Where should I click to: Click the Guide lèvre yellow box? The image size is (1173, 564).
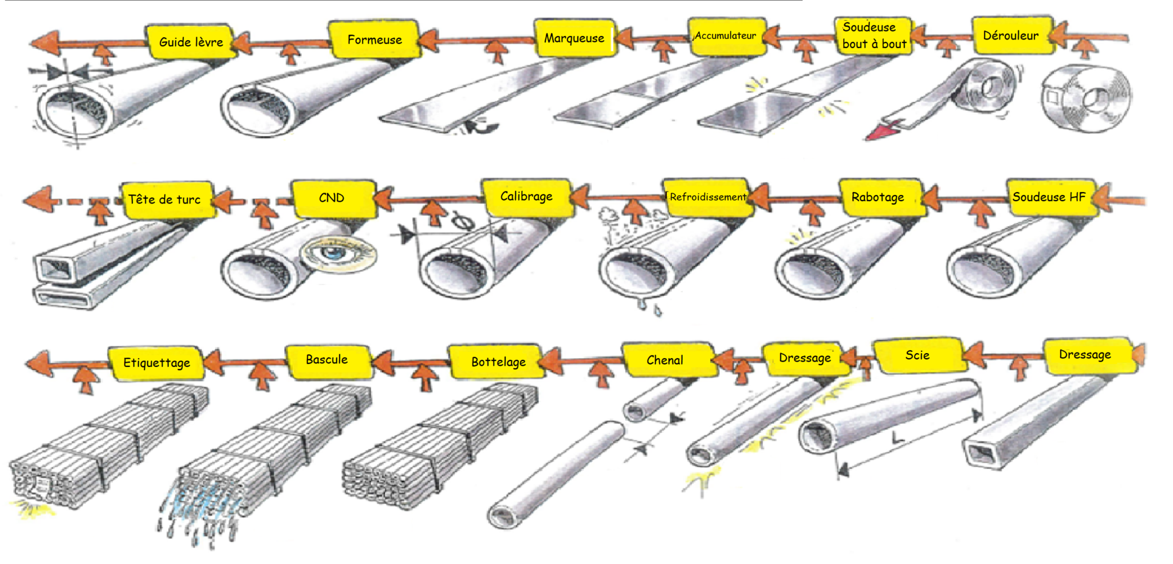191,41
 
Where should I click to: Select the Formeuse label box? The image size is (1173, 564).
375,40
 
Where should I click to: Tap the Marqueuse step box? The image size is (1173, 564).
574,38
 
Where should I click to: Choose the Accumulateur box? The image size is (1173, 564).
726,36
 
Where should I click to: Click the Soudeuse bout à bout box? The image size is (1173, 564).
873,36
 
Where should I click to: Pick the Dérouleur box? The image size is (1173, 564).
1011,36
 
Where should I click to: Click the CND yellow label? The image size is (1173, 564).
332,198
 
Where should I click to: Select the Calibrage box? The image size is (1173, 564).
526,197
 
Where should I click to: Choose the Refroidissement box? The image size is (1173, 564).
708,197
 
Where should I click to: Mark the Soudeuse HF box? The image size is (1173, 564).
1049,197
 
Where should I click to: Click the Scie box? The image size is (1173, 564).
917,355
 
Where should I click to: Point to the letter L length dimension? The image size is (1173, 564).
898,438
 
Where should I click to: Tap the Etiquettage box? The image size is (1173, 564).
156,363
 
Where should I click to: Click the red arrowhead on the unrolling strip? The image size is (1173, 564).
881,132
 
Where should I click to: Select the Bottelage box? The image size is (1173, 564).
498,362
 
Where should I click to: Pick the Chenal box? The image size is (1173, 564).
666,360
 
